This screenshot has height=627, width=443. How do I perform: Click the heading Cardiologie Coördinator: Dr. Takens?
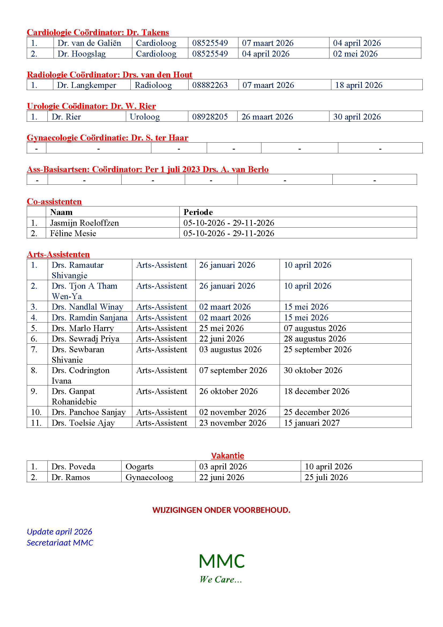click(x=98, y=32)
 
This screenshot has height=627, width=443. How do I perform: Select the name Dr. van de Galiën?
click(x=89, y=43)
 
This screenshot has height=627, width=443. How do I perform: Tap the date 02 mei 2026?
click(x=355, y=54)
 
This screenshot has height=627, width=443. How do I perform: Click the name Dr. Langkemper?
click(x=87, y=85)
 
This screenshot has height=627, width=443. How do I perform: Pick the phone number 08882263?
click(x=210, y=85)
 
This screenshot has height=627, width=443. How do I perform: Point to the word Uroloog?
click(x=145, y=117)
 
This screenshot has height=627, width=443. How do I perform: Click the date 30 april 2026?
click(x=357, y=117)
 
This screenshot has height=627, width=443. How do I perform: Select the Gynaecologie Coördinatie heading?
click(x=107, y=138)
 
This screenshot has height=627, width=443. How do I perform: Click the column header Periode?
click(x=198, y=212)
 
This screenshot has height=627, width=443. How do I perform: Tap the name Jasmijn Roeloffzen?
click(x=85, y=223)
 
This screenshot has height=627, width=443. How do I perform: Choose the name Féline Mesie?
click(x=73, y=233)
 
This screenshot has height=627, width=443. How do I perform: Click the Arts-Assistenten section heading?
click(x=58, y=254)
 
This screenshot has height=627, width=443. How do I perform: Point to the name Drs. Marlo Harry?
click(x=83, y=328)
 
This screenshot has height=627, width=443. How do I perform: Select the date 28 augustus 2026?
click(x=315, y=339)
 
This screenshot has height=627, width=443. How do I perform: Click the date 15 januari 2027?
click(x=312, y=423)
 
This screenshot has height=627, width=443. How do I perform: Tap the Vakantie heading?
click(x=227, y=455)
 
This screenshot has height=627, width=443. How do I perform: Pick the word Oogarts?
click(x=139, y=467)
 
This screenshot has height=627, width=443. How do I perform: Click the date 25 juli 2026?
click(x=326, y=477)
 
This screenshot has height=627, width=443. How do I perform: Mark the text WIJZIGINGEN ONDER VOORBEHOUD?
click(x=221, y=510)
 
